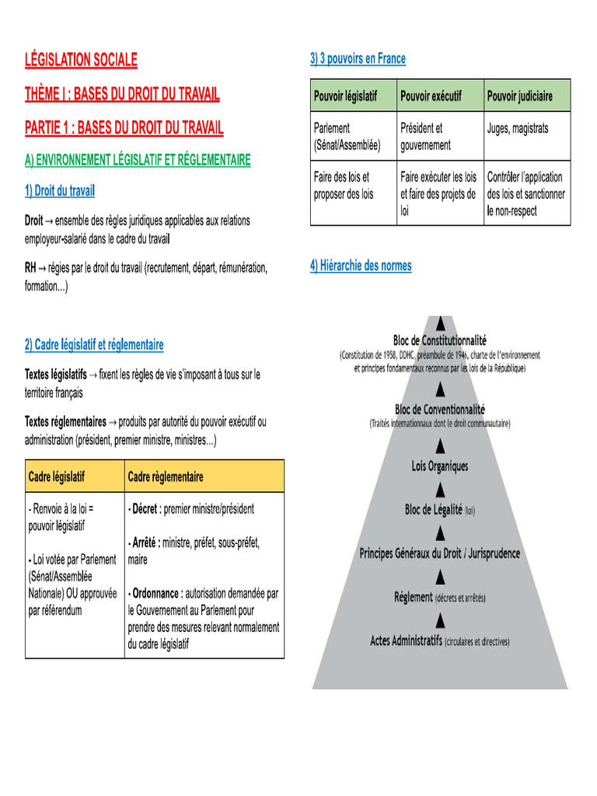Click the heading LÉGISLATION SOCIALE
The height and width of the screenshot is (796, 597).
pos(81,60)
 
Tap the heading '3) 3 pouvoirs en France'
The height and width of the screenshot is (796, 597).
pos(358,58)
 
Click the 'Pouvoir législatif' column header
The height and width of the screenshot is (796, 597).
pos(345,96)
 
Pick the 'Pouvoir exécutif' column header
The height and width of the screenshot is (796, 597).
pos(431,96)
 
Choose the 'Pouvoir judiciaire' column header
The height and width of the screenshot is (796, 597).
pos(520,96)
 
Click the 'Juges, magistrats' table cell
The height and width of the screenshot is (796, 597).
pos(518,128)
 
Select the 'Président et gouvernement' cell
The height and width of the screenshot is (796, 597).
pos(425,137)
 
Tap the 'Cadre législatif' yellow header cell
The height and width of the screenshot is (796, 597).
pos(57,476)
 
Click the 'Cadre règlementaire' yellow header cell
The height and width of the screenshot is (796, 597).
pos(165,476)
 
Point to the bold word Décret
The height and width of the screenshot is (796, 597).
pos(145,509)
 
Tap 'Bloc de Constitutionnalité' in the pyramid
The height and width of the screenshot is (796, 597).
pos(439,340)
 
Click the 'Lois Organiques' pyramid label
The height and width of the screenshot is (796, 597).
pos(440,466)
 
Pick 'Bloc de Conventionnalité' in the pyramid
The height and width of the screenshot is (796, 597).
pos(439,409)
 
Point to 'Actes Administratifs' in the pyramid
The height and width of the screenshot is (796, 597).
pos(406,641)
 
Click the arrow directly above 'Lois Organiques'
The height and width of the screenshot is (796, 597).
pos(441,445)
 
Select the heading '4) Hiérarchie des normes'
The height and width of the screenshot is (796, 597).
pos(361,266)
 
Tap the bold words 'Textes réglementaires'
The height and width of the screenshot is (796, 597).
pos(65,422)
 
